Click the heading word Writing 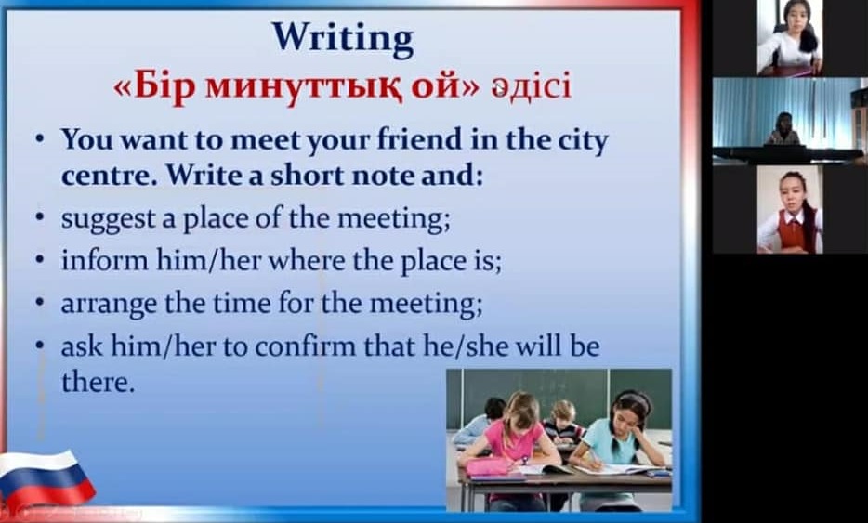point(343,39)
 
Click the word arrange point(109,305)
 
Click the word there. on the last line point(98,383)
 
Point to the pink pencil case point(488,466)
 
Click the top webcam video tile point(789,38)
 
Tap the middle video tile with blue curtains point(790,121)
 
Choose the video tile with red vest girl point(789,209)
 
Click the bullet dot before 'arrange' point(39,303)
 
